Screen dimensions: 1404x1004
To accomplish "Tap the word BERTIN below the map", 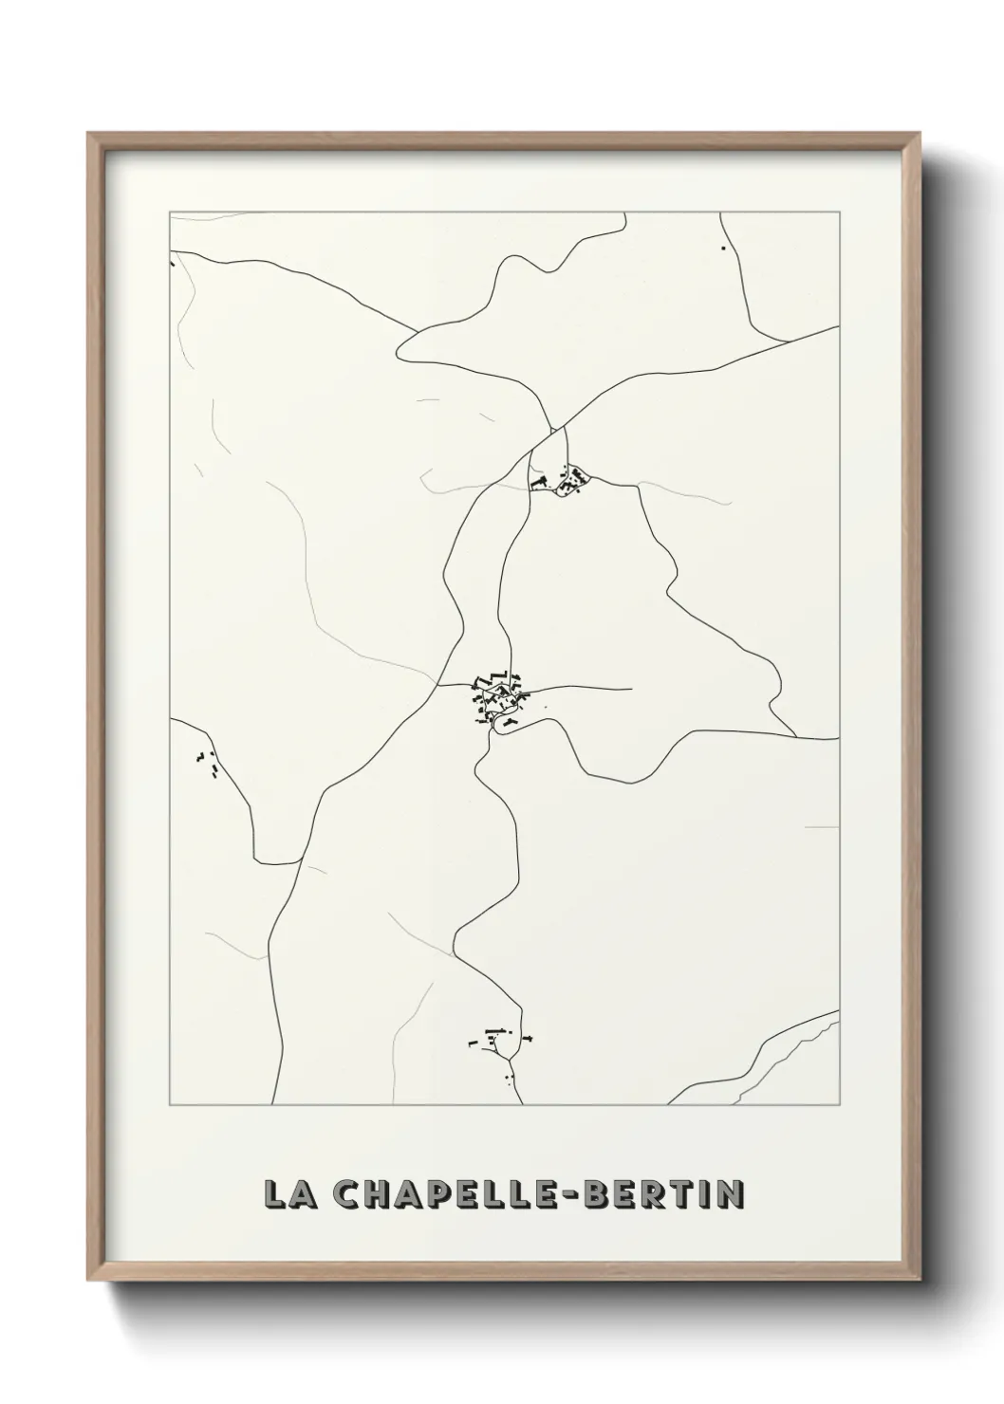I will [x=665, y=1194].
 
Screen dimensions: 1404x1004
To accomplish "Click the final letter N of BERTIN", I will [x=730, y=1194].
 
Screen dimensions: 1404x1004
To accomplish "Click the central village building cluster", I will [x=495, y=700].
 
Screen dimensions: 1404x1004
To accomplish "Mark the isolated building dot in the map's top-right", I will [x=723, y=249].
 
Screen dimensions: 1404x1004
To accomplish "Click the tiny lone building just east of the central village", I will [x=545, y=707].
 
